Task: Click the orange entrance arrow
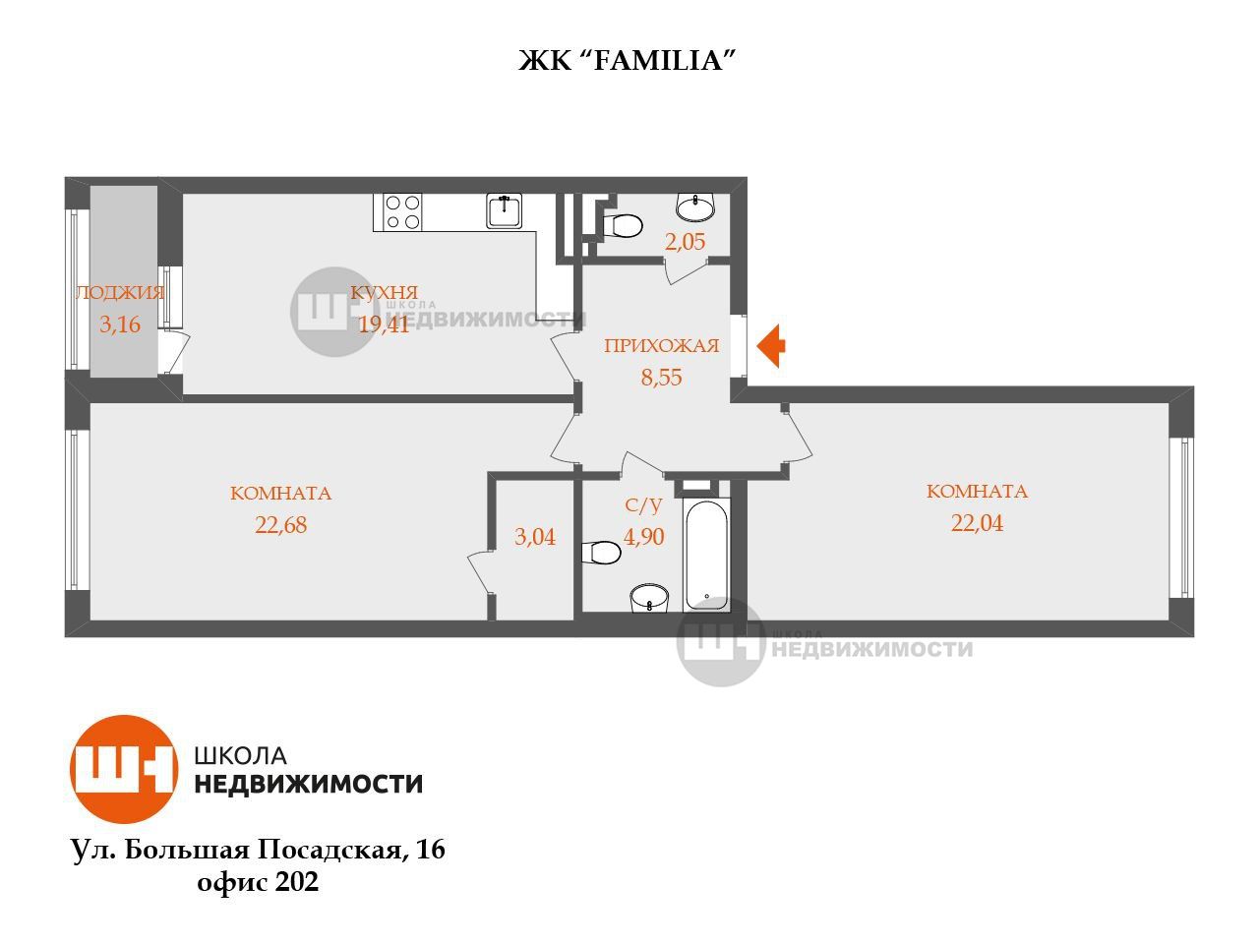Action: pos(770,345)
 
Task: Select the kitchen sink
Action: pos(505,210)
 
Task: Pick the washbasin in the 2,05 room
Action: pos(695,206)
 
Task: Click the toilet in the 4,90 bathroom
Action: pos(601,553)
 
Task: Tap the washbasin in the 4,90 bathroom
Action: pos(649,598)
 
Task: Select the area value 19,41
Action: pos(384,324)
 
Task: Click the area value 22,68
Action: pos(281,524)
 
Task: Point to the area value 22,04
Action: pos(977,523)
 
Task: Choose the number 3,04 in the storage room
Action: pos(534,537)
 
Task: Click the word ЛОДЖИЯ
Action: pos(120,292)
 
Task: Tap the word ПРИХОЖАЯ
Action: pos(661,345)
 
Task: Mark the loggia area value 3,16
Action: pos(120,324)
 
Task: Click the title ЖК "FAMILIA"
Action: pos(627,61)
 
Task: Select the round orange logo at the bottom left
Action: pos(124,769)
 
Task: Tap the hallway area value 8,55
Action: pos(661,378)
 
